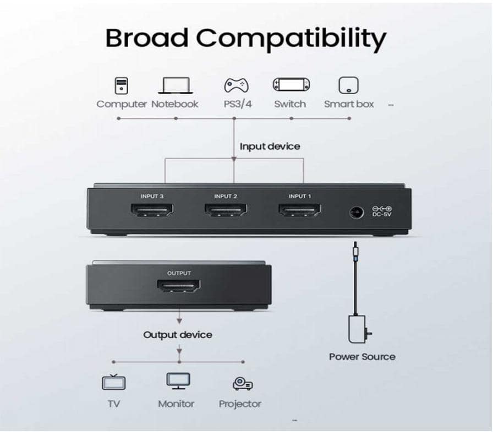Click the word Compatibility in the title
pyautogui.click(x=291, y=39)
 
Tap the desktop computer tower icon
pyautogui.click(x=122, y=85)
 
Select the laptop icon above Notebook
pyautogui.click(x=175, y=85)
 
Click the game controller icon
pyautogui.click(x=236, y=85)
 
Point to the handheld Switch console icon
pyautogui.click(x=291, y=85)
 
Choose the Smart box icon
pyautogui.click(x=348, y=85)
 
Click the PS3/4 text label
pyautogui.click(x=238, y=104)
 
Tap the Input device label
pyautogui.click(x=270, y=146)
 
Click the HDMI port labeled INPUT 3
pyautogui.click(x=152, y=210)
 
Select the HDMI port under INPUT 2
pyautogui.click(x=226, y=210)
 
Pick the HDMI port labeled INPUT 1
pyautogui.click(x=300, y=210)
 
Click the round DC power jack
pyautogui.click(x=357, y=213)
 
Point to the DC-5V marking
pyautogui.click(x=382, y=214)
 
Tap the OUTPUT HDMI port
pyautogui.click(x=179, y=285)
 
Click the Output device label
pyautogui.click(x=178, y=335)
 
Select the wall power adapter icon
pyautogui.click(x=358, y=329)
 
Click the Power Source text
pyautogui.click(x=362, y=357)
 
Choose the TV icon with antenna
pyautogui.click(x=114, y=382)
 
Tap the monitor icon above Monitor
pyautogui.click(x=178, y=381)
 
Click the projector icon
pyautogui.click(x=243, y=383)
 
